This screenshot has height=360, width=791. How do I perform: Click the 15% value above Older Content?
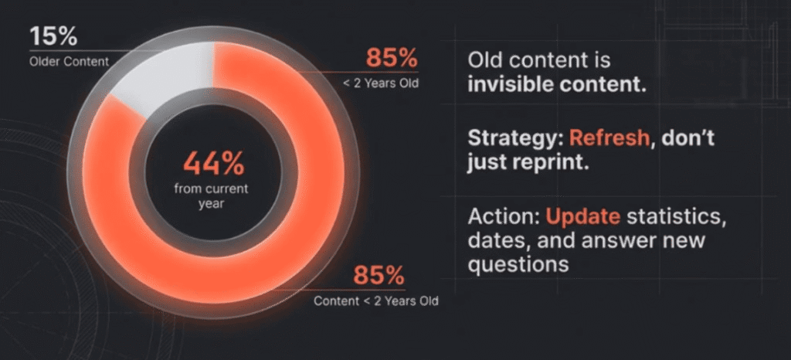(x=54, y=36)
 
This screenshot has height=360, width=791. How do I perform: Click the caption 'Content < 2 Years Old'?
(x=376, y=301)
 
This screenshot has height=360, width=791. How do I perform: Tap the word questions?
(x=518, y=264)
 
